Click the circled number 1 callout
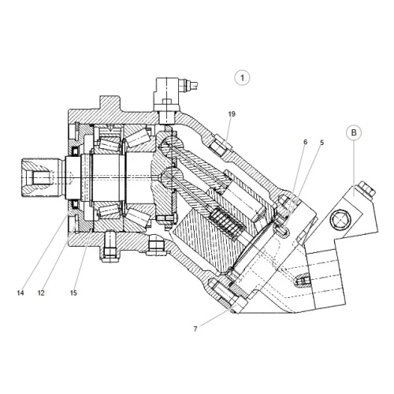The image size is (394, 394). pyautogui.click(x=242, y=78)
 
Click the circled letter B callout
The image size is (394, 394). pyautogui.click(x=354, y=132)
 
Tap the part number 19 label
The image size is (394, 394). pyautogui.click(x=232, y=114)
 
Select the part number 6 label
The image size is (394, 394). pyautogui.click(x=305, y=142)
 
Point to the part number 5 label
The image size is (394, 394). pyautogui.click(x=322, y=143)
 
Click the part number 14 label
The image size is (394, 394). pyautogui.click(x=20, y=292)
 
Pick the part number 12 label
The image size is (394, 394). pyautogui.click(x=41, y=292)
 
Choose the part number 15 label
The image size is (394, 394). pyautogui.click(x=73, y=292)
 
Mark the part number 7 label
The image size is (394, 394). pyautogui.click(x=195, y=329)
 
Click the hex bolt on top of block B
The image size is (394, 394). pyautogui.click(x=366, y=189)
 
